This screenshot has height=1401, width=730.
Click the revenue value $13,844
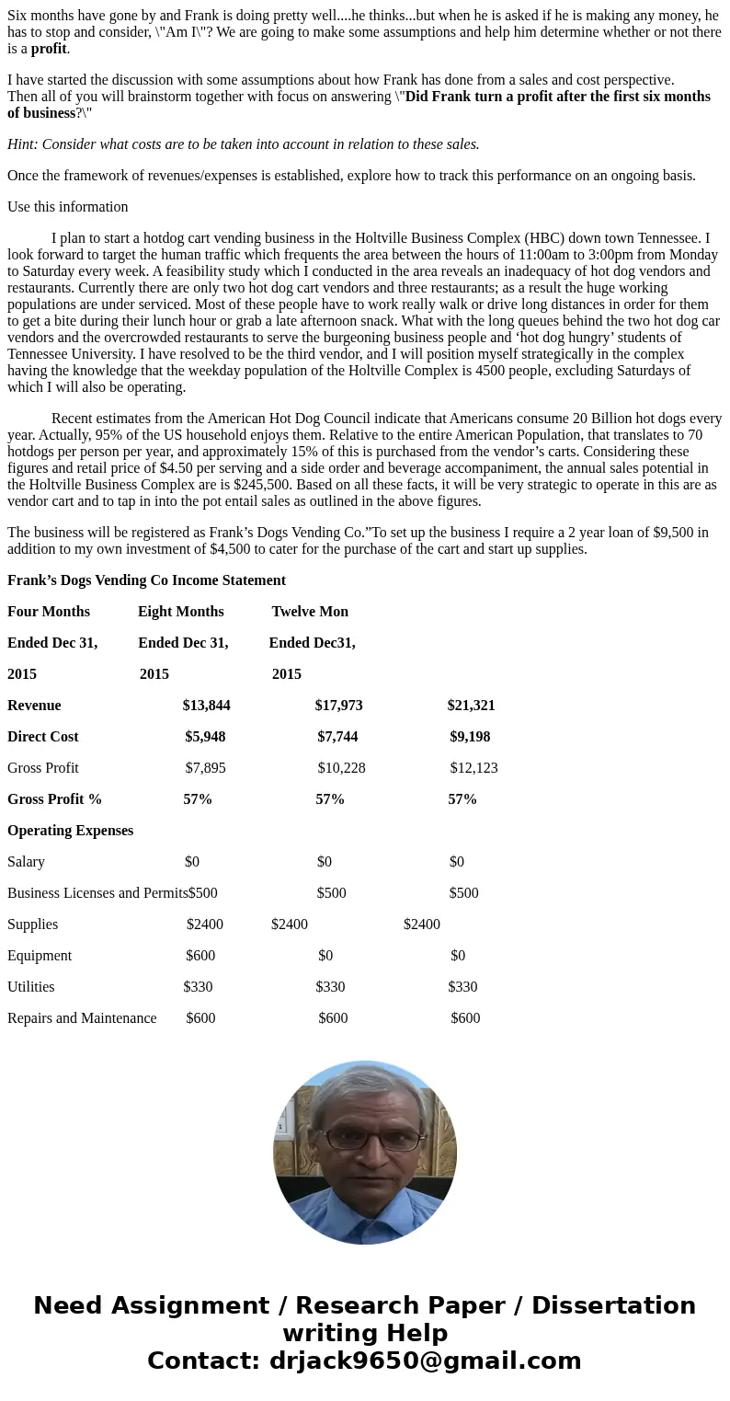click(206, 706)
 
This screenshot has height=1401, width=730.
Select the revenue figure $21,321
click(471, 706)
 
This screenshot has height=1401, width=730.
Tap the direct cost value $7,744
click(337, 737)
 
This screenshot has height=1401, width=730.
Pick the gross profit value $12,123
click(473, 768)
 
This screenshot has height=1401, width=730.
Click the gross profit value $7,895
click(205, 768)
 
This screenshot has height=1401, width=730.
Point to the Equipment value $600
click(200, 956)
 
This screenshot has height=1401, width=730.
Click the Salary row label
click(26, 862)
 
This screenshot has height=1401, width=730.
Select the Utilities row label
click(31, 987)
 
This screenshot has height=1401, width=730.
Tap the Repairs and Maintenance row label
click(82, 1018)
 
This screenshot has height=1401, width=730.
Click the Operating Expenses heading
click(70, 831)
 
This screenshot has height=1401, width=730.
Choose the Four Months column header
click(49, 612)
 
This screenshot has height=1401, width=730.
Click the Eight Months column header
click(181, 612)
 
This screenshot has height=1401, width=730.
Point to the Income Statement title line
click(146, 580)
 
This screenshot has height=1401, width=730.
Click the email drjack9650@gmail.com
click(425, 1361)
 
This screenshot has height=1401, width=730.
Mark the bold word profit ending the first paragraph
click(49, 49)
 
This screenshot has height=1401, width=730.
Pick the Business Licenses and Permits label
click(97, 893)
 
